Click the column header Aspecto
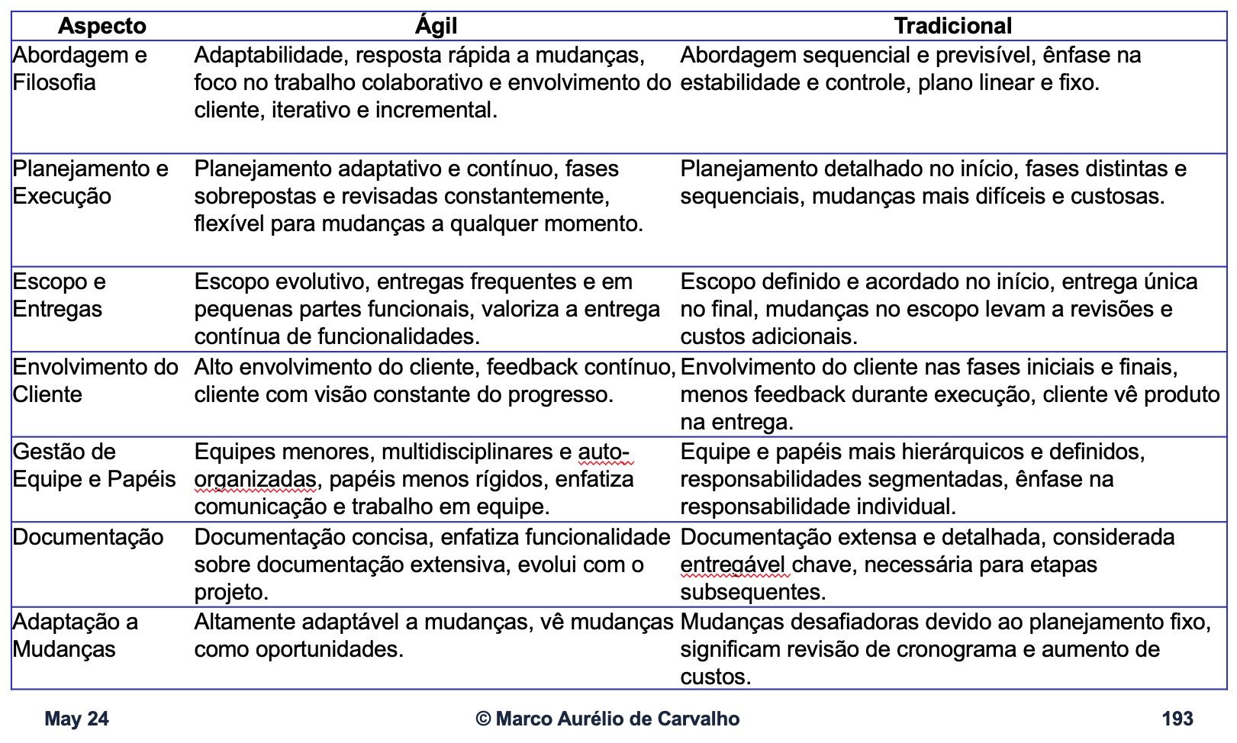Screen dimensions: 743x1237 point(101,26)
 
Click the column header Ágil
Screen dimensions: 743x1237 point(436,26)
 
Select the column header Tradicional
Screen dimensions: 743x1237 point(952,26)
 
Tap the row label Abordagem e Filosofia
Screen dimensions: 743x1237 point(79,69)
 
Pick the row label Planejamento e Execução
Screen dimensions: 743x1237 point(90,182)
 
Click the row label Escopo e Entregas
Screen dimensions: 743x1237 point(59,295)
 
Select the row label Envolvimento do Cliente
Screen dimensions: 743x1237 point(95,381)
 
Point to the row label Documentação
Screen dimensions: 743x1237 point(88,537)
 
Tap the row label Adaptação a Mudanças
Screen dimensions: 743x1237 point(75,635)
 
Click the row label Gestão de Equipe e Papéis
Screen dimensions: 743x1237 point(94,465)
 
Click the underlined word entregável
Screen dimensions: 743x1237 point(732,564)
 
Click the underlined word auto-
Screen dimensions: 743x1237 point(604,452)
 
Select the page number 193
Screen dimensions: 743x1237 point(1177,719)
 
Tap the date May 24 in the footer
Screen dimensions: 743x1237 point(76,719)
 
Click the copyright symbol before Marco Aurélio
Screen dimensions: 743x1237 point(483,719)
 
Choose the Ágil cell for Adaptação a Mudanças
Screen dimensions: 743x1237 point(433,635)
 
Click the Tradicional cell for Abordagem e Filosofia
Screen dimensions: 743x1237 point(910,69)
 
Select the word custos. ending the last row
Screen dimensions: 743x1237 point(715,677)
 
